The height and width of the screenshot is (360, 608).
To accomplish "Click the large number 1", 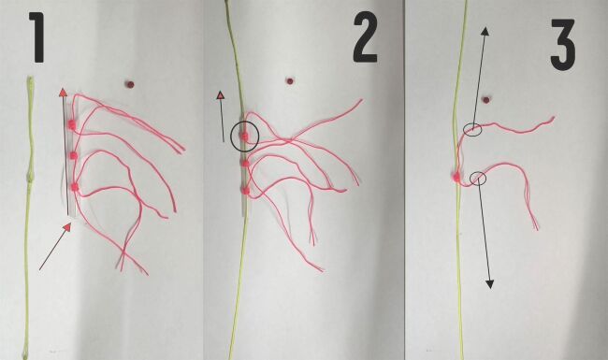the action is tap(37, 37).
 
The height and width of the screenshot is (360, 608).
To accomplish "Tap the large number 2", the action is tap(365, 37).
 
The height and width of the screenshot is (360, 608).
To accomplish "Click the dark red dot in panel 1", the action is tap(129, 84).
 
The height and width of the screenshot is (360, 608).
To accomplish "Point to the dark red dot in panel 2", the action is tap(289, 81).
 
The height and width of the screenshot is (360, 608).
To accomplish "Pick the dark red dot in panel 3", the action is tap(485, 100).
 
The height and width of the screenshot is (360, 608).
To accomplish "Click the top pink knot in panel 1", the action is tap(72, 124).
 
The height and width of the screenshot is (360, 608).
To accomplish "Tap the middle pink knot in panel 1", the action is tap(73, 156).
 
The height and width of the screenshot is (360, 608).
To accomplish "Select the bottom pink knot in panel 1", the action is tap(74, 187).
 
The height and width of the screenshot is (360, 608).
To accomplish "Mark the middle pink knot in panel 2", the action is tap(245, 163).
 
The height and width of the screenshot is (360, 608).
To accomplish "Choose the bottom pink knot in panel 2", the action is tap(245, 190).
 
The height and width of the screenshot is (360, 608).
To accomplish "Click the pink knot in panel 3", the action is tap(456, 178).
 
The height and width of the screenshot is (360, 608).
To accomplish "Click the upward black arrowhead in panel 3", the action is tap(485, 31).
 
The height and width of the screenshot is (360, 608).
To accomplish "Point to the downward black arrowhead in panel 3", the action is tap(490, 284).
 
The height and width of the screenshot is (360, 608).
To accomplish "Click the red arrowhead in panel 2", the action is tap(220, 95).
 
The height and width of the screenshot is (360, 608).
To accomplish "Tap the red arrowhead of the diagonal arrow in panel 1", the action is tap(68, 227).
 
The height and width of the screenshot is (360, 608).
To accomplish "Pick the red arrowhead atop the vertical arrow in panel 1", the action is tap(63, 93).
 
